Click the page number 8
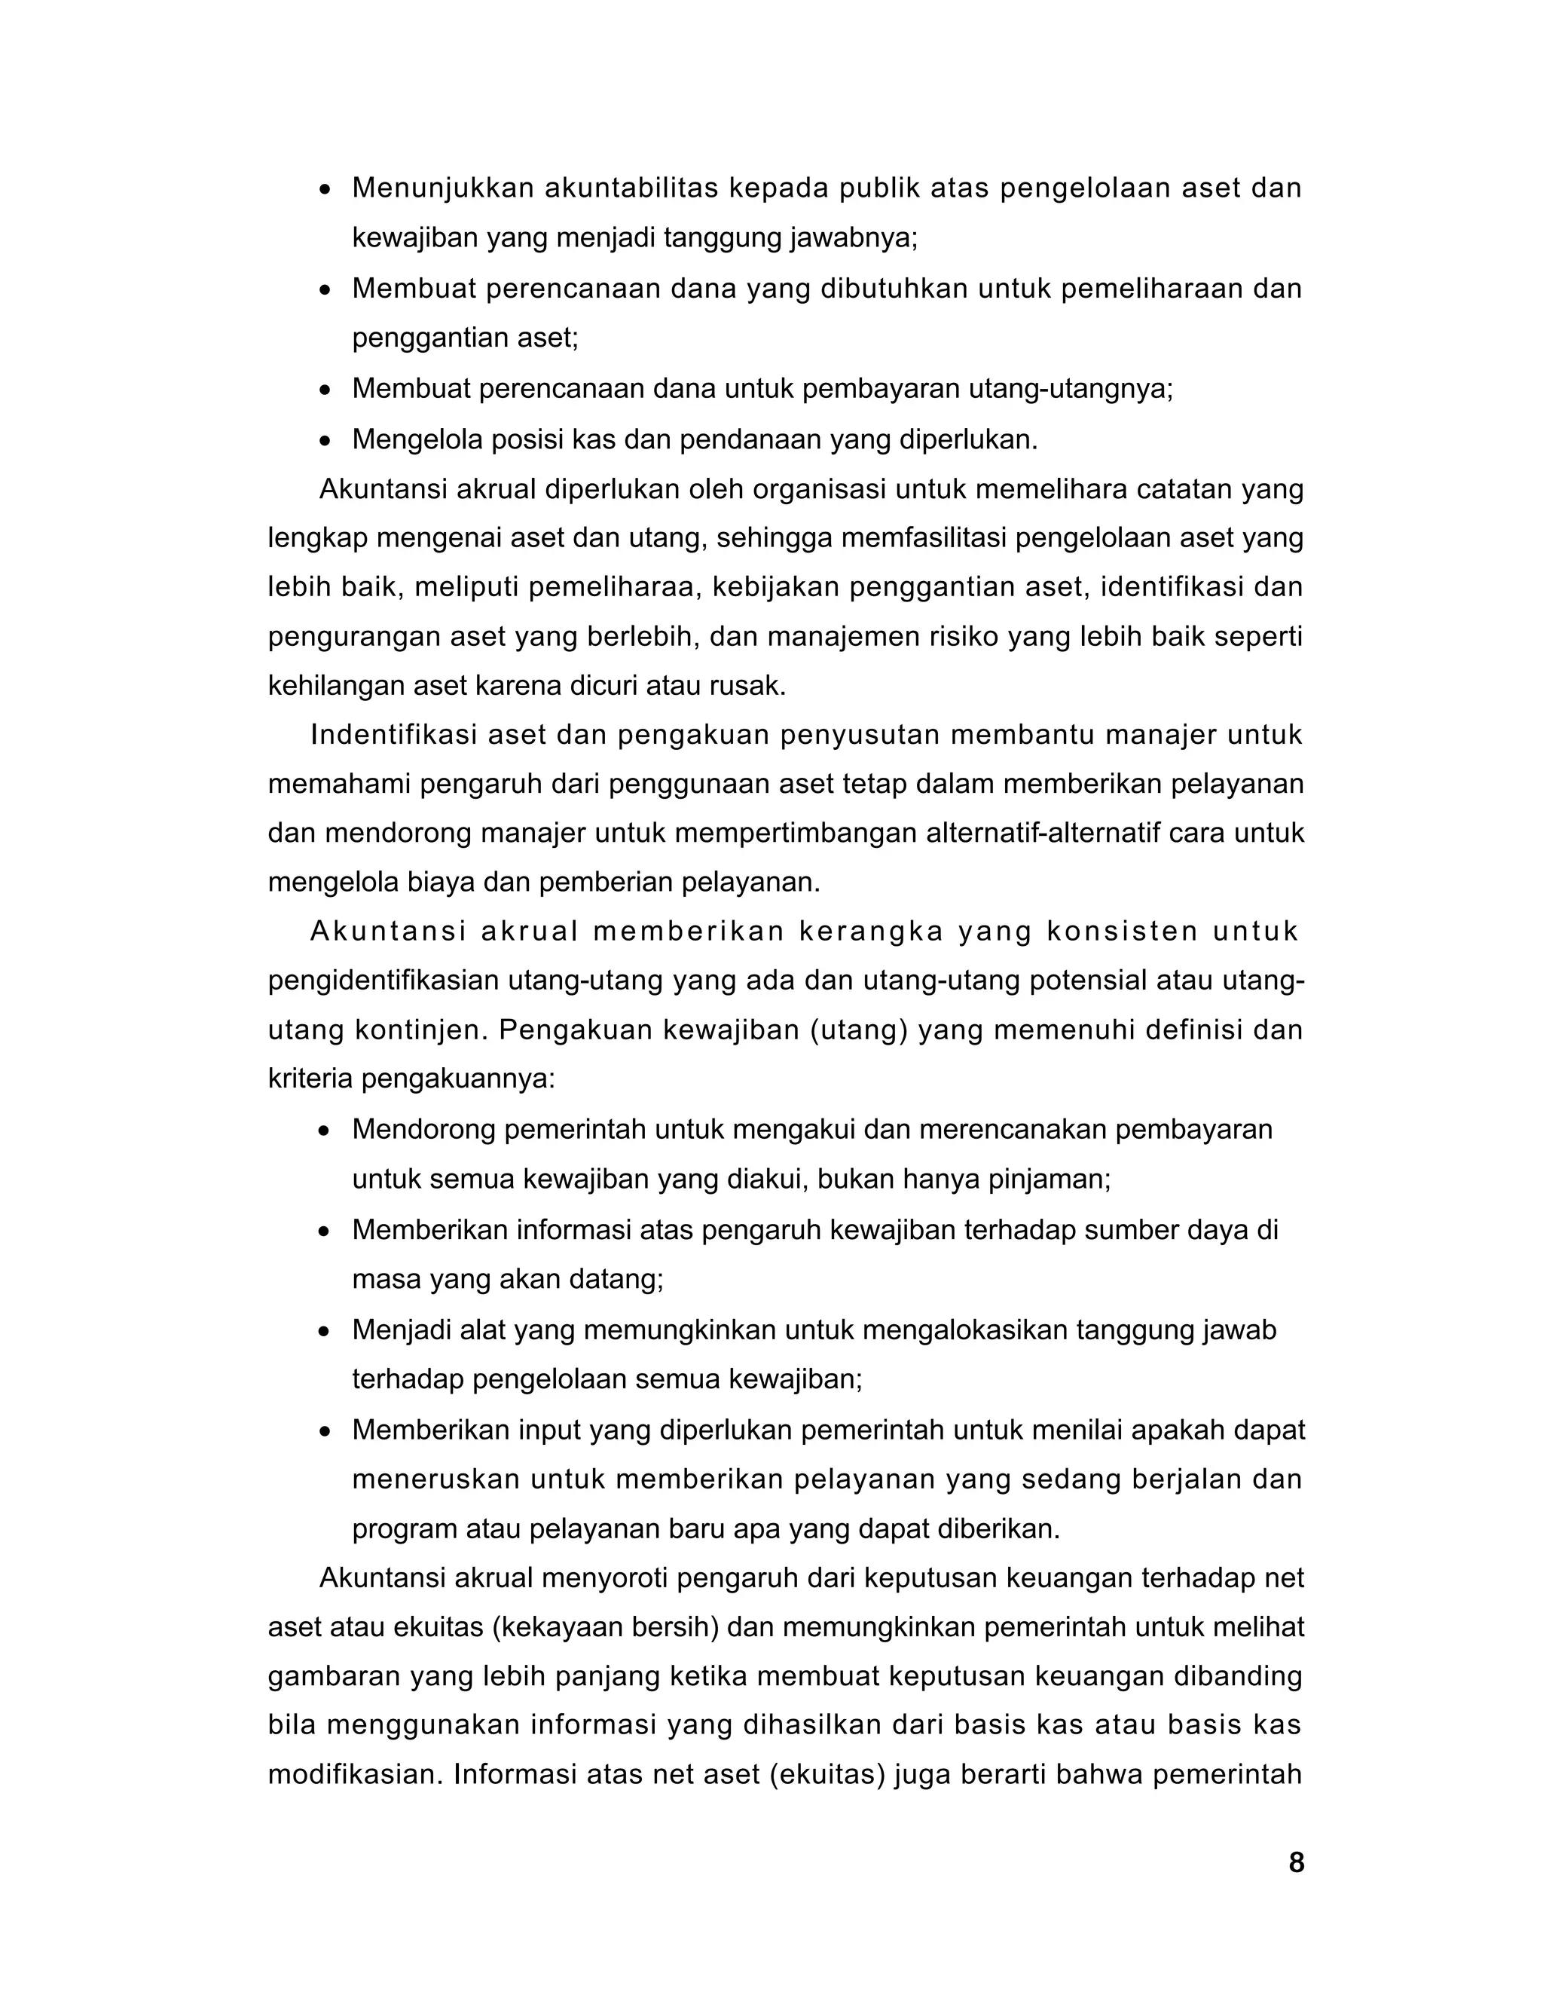pyautogui.click(x=1295, y=1862)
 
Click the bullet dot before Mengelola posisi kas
pyautogui.click(x=325, y=441)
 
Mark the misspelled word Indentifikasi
pyautogui.click(x=394, y=735)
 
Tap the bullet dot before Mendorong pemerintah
pyautogui.click(x=325, y=1131)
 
